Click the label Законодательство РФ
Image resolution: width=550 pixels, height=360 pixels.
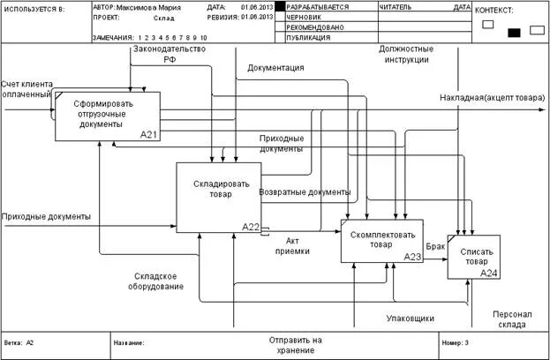[x=169, y=55]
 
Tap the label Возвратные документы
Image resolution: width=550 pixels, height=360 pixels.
[x=305, y=191]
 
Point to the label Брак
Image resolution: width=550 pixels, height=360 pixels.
[x=435, y=246]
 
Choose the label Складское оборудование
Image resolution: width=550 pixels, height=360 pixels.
[x=159, y=281]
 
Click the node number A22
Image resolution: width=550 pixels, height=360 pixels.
[x=251, y=227]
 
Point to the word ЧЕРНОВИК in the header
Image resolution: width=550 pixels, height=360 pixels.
[x=304, y=17]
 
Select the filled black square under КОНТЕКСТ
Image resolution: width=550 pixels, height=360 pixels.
[x=514, y=33]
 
